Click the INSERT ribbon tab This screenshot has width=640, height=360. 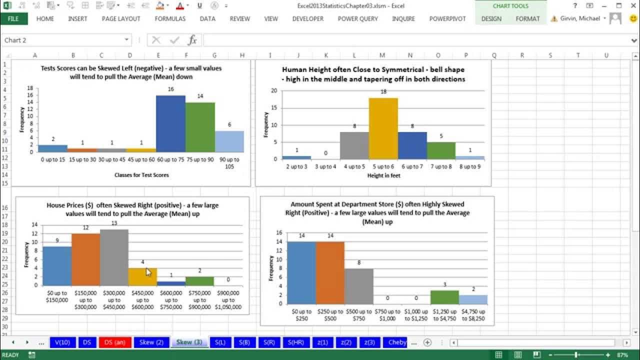[x=77, y=18]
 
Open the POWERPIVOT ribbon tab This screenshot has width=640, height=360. [x=447, y=18]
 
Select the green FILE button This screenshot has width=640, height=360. [x=13, y=18]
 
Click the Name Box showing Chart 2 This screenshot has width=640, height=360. [x=65, y=40]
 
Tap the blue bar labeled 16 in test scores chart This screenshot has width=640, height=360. [x=170, y=123]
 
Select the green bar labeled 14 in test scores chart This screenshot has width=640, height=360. [x=200, y=127]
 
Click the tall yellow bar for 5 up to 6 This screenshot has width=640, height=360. [x=383, y=128]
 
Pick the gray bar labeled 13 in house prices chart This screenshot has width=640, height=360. [x=114, y=257]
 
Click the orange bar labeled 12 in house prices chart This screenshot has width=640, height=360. [x=85, y=259]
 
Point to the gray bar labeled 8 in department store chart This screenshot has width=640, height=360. [x=358, y=286]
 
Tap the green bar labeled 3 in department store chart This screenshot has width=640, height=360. [x=444, y=297]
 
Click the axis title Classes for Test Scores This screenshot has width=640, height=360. [x=142, y=175]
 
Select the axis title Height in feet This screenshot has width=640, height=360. [x=383, y=175]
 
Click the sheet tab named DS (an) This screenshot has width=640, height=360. [x=115, y=342]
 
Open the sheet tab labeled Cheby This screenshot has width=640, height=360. [x=397, y=342]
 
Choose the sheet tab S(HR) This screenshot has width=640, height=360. [x=296, y=342]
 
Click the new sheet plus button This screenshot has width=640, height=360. [x=427, y=342]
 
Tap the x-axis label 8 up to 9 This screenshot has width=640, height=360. [x=470, y=167]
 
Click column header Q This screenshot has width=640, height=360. [x=494, y=55]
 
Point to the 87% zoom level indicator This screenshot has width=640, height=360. [x=622, y=355]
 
